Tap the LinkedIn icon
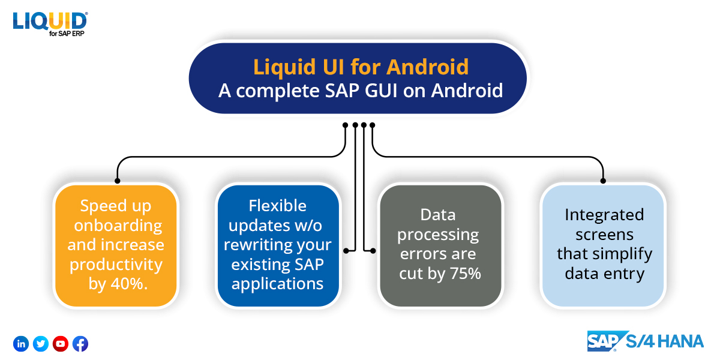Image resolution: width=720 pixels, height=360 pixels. tap(21, 344)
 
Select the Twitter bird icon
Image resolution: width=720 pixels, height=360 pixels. tap(41, 344)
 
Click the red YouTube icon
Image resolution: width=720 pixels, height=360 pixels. tap(61, 344)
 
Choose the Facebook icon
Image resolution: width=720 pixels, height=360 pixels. tap(80, 344)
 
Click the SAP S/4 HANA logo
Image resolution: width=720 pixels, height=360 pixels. tap(644, 341)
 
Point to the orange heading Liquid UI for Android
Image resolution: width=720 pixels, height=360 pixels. tap(361, 67)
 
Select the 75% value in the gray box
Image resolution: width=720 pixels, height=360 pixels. tap(466, 274)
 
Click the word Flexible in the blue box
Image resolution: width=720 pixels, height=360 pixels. tap(277, 206)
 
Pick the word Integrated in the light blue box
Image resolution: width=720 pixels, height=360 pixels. tap(604, 214)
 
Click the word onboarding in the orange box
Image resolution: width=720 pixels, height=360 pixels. tap(115, 226)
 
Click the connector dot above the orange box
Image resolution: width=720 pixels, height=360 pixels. tap(118, 180)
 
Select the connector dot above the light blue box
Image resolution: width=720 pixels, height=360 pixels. tap(603, 180)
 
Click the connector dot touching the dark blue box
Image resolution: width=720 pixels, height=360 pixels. tap(346, 249)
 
